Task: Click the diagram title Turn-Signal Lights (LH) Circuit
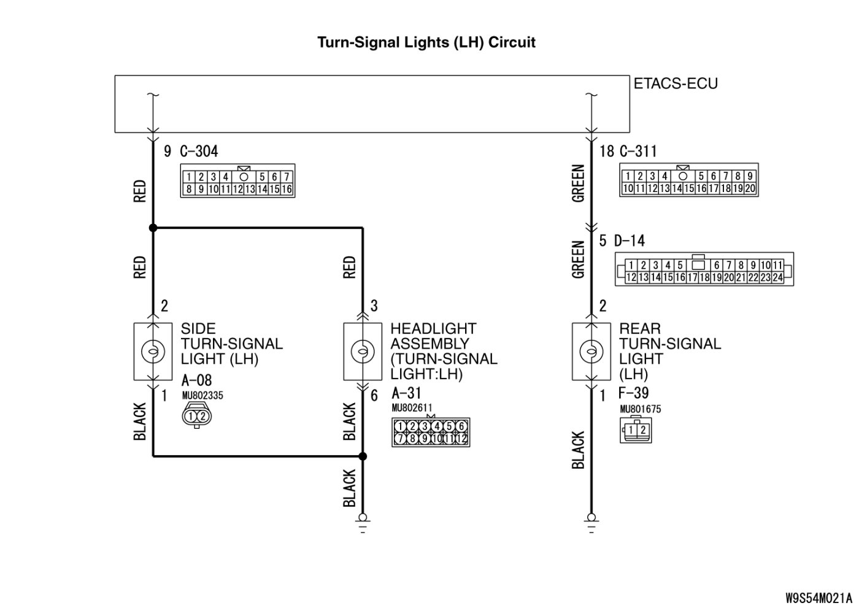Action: pos(426,42)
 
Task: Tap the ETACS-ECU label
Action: pos(675,83)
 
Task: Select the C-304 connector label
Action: pos(199,151)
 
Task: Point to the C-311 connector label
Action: pos(638,151)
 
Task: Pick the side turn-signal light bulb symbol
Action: pos(153,352)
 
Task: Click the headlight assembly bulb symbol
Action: pos(363,352)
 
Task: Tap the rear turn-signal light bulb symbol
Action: pos(591,352)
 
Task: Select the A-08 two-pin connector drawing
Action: pos(197,417)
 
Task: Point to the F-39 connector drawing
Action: pos(636,429)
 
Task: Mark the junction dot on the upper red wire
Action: pos(153,228)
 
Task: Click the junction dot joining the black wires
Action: pos(363,456)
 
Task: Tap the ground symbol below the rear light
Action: pos(591,523)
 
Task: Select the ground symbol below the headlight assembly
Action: pos(363,523)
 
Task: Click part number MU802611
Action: pos(412,407)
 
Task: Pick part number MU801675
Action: pos(640,409)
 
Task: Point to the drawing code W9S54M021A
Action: pos(819,596)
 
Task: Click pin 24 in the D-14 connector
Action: pos(777,277)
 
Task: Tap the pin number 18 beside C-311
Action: pos(606,151)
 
